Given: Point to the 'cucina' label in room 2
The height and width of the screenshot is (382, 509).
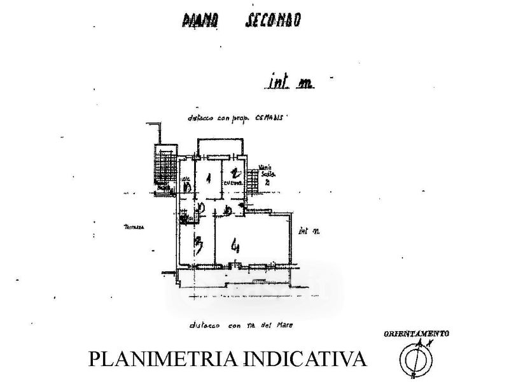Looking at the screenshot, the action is point(232,185).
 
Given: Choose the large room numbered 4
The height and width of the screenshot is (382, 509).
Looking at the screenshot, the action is point(236,245).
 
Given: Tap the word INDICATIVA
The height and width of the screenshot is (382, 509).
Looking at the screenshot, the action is point(307,359).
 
